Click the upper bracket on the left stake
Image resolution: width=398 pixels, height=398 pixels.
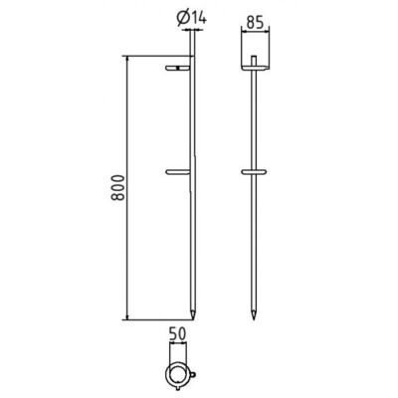click(x=180, y=69)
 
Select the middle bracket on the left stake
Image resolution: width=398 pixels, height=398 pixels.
click(x=180, y=170)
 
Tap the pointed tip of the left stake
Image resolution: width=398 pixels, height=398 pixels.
click(x=194, y=315)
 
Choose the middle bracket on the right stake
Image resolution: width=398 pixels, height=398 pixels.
click(x=257, y=171)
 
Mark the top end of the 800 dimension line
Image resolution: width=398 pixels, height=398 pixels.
click(x=128, y=56)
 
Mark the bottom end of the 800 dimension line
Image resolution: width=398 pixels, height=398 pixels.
click(x=128, y=319)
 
